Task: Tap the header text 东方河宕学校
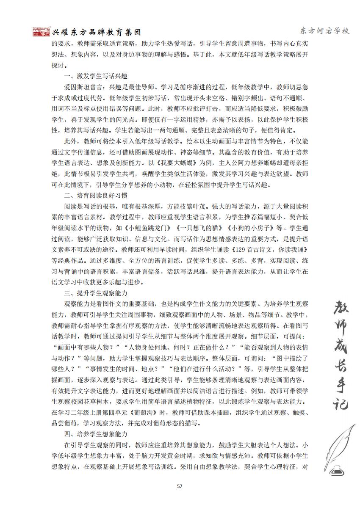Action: click(324, 31)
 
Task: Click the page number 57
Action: click(180, 486)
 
